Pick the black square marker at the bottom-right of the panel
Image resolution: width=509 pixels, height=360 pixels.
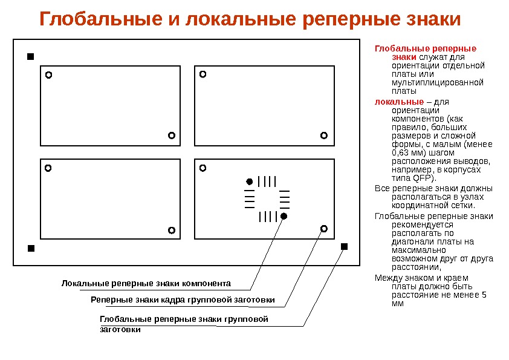344,246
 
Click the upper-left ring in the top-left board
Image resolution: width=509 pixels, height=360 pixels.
49,76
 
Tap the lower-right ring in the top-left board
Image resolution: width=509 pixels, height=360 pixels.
171,135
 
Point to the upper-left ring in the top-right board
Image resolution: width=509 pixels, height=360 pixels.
203,74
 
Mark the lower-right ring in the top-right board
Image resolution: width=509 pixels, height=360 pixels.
323,135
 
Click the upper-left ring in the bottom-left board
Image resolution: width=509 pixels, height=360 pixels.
48,168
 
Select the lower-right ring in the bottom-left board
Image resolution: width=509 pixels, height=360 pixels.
171,230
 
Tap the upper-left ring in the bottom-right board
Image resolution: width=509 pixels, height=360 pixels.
203,168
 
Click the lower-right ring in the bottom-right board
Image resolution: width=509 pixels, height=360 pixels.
323,228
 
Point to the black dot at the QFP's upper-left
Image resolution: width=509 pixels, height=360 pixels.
248,182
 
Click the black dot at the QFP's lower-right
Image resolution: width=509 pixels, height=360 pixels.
284,216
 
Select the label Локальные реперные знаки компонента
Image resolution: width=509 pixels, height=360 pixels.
146,283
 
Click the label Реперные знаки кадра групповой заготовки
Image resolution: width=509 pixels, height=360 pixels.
183,300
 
